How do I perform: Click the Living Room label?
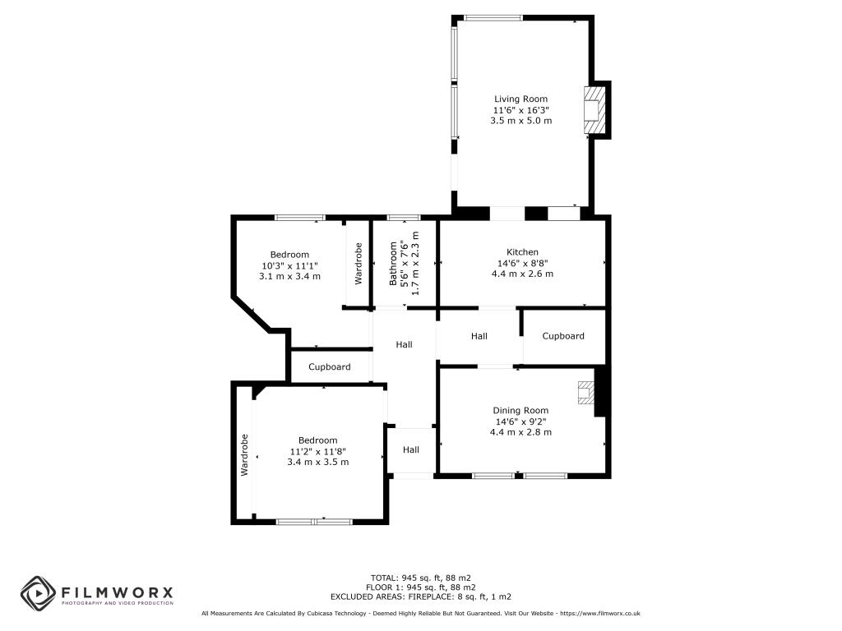[x=520, y=99]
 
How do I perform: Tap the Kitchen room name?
[x=522, y=252]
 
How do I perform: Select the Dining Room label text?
[x=520, y=411]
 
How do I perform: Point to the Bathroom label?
[x=393, y=264]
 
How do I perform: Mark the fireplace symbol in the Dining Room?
[x=585, y=392]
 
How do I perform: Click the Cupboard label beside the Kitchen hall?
[x=562, y=336]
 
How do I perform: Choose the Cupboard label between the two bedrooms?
[x=329, y=367]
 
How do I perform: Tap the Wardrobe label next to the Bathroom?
[x=359, y=264]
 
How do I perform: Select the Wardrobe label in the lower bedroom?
[x=244, y=455]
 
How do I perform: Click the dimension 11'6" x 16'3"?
[x=520, y=110]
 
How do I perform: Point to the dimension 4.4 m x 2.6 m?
[x=522, y=274]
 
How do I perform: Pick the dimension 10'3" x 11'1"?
[x=289, y=265]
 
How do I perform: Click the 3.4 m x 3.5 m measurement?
[x=318, y=462]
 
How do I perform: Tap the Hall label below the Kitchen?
[x=479, y=336]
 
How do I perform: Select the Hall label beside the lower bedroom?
[x=411, y=449]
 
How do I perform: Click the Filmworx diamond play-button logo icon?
[x=38, y=593]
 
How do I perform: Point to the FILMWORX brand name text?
[x=117, y=592]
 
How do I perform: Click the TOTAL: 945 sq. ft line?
[x=420, y=578]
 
